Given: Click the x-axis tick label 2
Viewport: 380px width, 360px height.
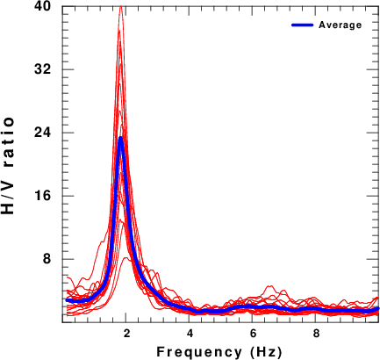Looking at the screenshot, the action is pos(126,334).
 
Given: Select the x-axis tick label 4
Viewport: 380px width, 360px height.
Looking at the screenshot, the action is pos(190,334).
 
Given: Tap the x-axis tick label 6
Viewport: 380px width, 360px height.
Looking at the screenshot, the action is pos(253,334).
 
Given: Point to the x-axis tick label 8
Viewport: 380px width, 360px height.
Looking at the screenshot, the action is pos(316,334).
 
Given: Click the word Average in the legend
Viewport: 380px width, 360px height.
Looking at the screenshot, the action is pos(341,25).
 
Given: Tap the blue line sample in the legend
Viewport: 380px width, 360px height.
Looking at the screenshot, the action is pos(303,25).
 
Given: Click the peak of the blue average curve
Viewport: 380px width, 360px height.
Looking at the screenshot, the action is pos(120,138).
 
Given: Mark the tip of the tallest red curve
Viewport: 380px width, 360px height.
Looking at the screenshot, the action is pos(120,6).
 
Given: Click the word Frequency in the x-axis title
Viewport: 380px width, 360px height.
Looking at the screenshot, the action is pos(199,351).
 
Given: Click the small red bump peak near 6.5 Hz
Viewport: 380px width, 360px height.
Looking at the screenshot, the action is pos(270,286).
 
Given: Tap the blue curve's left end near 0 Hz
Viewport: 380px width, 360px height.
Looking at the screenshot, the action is pos(67,300).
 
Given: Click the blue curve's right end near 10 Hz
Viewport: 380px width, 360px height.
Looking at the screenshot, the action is pos(377,308).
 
